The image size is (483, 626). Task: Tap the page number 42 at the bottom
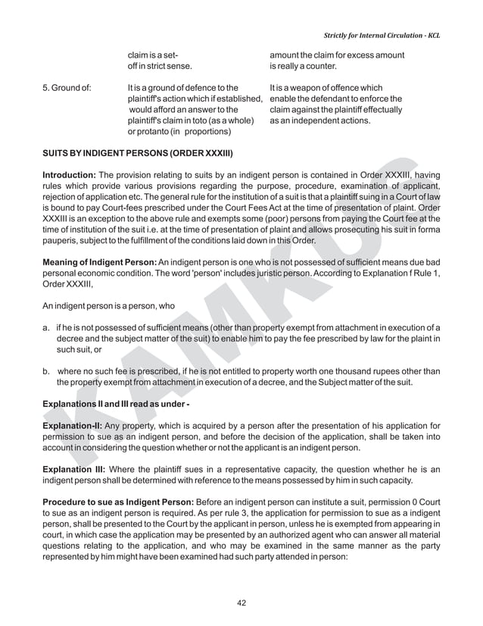tap(241, 603)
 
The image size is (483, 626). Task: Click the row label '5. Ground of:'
tap(67, 88)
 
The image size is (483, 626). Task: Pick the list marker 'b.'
tap(47, 371)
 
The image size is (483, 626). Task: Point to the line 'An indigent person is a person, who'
tap(109, 306)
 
